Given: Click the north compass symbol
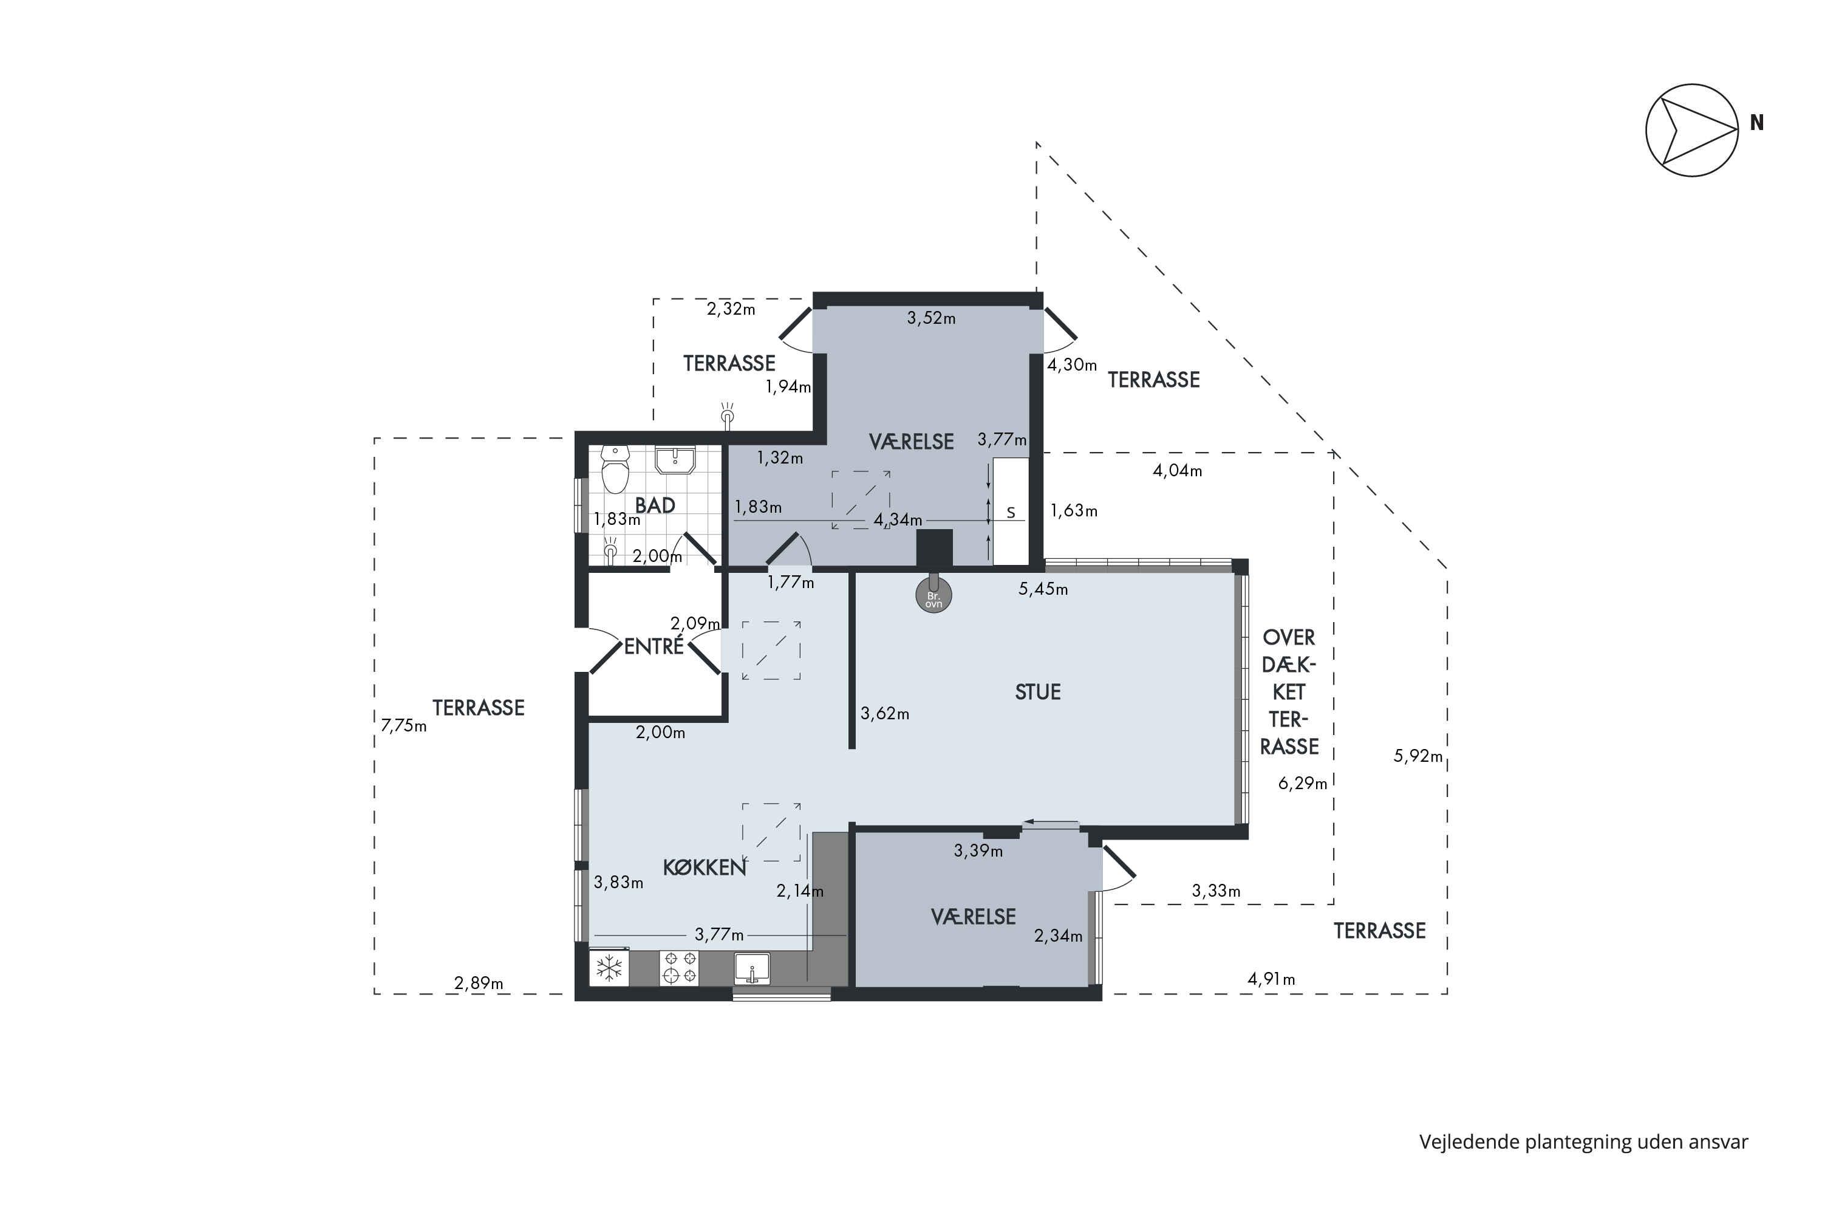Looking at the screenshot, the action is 1693,130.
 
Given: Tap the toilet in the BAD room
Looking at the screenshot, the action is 616,470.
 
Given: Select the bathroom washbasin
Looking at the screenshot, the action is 675,459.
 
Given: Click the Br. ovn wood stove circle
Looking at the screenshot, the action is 933,596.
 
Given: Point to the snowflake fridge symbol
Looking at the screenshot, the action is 609,967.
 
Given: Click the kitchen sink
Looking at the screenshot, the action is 751,968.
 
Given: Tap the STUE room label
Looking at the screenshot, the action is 1038,692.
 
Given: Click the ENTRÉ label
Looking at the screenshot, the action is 654,646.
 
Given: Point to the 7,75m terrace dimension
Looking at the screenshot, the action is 404,726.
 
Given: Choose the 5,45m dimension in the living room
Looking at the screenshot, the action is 1043,589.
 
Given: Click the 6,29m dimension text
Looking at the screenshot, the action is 1302,784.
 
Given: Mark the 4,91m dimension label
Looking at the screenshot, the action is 1271,979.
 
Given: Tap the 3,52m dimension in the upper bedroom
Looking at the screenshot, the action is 931,318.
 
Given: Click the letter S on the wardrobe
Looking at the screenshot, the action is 1010,513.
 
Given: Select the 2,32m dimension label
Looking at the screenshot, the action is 731,309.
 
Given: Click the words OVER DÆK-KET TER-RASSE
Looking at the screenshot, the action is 1289,692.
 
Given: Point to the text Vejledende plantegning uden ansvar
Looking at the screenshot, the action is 1583,1143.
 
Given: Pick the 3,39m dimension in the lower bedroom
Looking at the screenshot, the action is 978,851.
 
